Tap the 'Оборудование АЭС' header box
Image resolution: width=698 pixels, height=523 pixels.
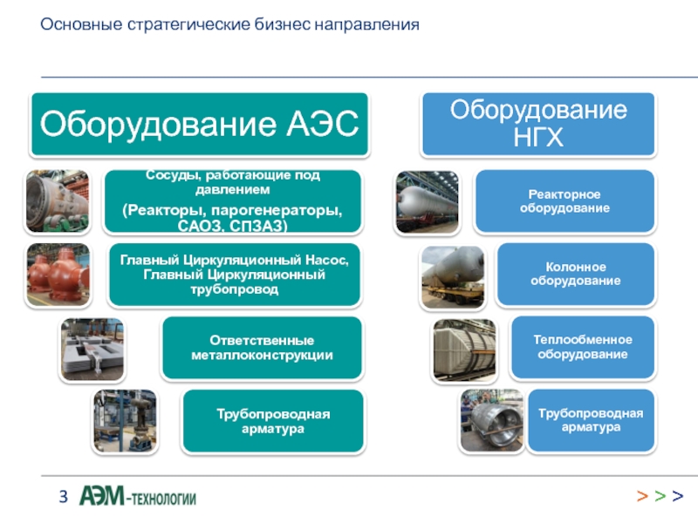pos(200,125)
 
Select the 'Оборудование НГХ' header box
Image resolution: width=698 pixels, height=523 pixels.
pos(538,124)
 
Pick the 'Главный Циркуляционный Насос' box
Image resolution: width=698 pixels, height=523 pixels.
pos(234,275)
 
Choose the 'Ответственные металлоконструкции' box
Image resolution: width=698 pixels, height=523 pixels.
pos(262,348)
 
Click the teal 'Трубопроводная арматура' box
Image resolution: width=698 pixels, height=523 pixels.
pos(273,421)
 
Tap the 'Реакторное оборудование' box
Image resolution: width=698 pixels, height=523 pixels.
pos(565,201)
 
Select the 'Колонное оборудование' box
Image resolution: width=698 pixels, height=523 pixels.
pos(575,274)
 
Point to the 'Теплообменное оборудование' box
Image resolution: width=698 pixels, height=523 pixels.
pos(582,347)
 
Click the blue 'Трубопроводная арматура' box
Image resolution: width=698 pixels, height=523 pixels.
pos(590,420)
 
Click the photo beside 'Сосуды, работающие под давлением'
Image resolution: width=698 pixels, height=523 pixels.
pos(58,201)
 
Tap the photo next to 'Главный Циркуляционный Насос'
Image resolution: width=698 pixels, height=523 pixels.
pos(58,275)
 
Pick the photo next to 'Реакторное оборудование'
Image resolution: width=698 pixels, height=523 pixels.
pos(427,202)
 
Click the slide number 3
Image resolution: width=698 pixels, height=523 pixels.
pos(63,498)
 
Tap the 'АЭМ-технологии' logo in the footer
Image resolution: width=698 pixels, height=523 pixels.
pos(138,498)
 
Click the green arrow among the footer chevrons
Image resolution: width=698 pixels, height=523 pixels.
pos(660,497)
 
